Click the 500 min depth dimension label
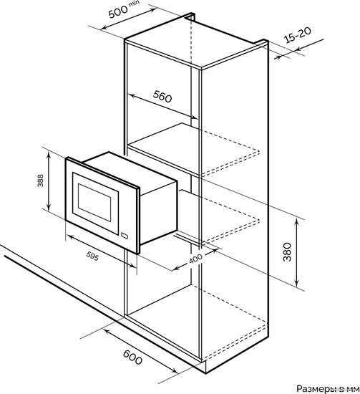point(124,9)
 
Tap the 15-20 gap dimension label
point(298,34)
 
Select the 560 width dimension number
point(162,97)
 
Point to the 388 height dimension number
point(40,181)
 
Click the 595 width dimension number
point(92,256)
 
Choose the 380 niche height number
point(287,252)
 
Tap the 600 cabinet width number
point(132,357)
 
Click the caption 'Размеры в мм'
point(328,388)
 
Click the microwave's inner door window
point(94,202)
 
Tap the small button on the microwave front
point(125,236)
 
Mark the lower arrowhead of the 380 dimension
point(297,284)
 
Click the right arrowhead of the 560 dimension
point(194,117)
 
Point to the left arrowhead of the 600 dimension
point(106,332)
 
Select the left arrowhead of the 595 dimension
point(70,236)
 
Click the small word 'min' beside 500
point(134,4)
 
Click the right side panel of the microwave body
point(159,213)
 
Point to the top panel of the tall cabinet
point(197,42)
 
